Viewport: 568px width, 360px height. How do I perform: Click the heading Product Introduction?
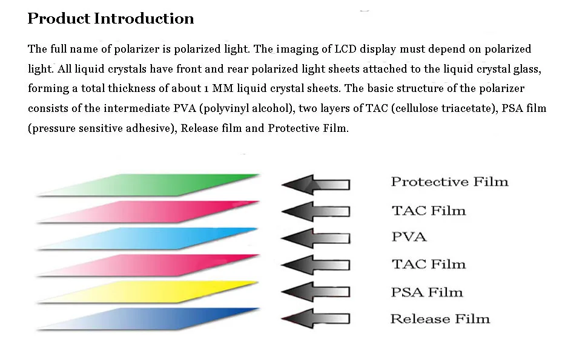(x=111, y=19)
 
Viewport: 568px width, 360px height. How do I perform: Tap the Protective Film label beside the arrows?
(x=449, y=182)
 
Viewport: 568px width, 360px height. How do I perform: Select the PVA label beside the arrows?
(x=409, y=237)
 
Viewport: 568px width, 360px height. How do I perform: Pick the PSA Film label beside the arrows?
(x=427, y=292)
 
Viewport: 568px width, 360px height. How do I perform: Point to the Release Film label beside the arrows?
(x=440, y=319)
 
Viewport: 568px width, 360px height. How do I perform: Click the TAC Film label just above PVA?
(x=429, y=211)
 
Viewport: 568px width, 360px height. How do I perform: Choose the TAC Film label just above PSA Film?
(x=429, y=264)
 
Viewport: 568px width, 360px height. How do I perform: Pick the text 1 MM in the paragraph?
(x=216, y=89)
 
